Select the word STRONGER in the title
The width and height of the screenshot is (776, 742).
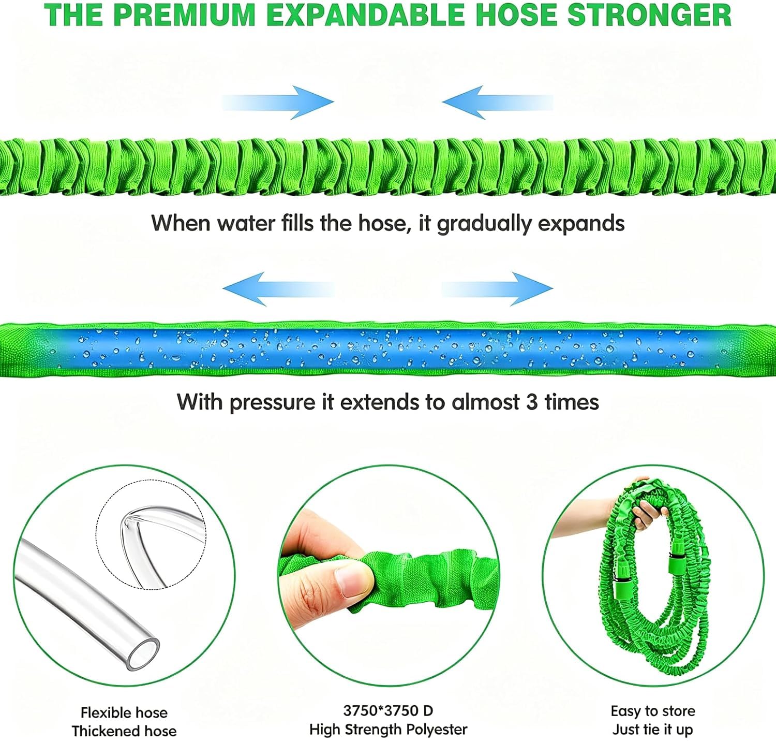click(x=649, y=14)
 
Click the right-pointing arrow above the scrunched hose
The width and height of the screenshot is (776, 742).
click(x=278, y=103)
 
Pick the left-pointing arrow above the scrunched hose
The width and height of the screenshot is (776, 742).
click(x=498, y=103)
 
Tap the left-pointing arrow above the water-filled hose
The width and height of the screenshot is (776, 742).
click(x=278, y=289)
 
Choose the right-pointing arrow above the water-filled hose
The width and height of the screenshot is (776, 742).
click(x=498, y=289)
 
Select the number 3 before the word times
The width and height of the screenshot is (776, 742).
click(x=532, y=402)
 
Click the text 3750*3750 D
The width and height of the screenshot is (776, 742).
click(x=388, y=710)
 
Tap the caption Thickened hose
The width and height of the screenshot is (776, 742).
click(x=124, y=731)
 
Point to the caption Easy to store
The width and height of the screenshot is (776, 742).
click(x=653, y=711)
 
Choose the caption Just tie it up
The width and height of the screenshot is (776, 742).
click(x=653, y=730)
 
